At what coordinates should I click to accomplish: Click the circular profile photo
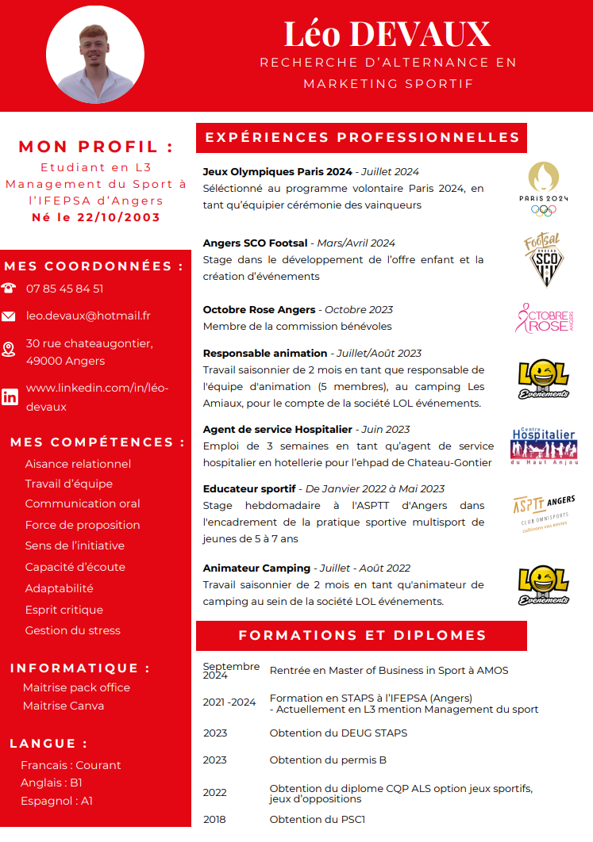[x=96, y=55]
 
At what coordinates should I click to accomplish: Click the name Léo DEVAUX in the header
[x=387, y=34]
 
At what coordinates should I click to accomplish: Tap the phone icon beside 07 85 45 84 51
[x=9, y=289]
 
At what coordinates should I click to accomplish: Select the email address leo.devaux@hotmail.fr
[x=88, y=316]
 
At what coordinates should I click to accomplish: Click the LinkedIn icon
[x=10, y=397]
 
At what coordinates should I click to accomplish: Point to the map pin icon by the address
[x=9, y=350]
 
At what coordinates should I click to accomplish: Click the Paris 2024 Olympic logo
[x=544, y=188]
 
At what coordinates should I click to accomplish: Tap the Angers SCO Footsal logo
[x=544, y=259]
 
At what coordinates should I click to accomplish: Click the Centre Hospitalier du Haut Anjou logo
[x=544, y=446]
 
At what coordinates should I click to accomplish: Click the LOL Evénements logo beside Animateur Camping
[x=544, y=586]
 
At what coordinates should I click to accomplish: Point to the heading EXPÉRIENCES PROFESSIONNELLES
[x=362, y=137]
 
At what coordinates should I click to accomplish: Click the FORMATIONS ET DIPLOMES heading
[x=362, y=635]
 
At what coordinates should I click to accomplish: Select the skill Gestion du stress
[x=73, y=630]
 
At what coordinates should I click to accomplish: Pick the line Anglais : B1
[x=52, y=783]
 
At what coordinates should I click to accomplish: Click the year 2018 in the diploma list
[x=214, y=819]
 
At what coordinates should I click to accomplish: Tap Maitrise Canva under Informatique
[x=64, y=706]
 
